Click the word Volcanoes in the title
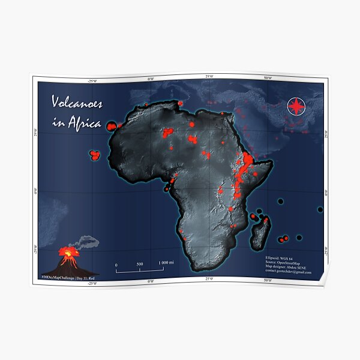[x=76, y=103]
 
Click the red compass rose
[x=296, y=106]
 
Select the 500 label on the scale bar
[x=139, y=264]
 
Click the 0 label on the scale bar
[x=116, y=264]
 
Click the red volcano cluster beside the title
[x=112, y=127]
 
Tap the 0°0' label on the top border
[x=151, y=78]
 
